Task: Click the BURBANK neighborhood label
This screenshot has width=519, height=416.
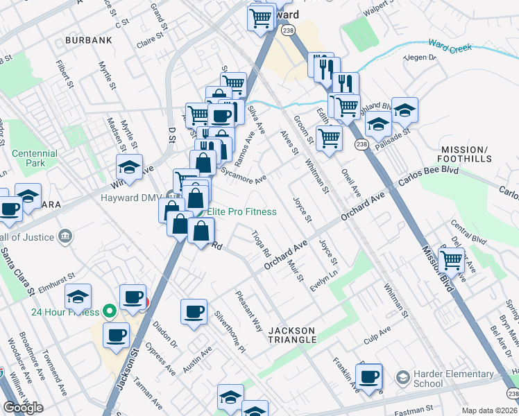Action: pyautogui.click(x=88, y=41)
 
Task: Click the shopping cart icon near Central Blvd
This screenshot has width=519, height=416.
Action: pyautogui.click(x=452, y=261)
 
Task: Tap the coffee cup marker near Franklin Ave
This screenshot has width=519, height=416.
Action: pyautogui.click(x=370, y=377)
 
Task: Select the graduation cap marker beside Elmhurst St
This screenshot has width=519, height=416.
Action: pyautogui.click(x=78, y=297)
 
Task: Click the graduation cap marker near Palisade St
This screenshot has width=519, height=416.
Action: pyautogui.click(x=405, y=110)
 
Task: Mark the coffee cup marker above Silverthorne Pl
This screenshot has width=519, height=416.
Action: pyautogui.click(x=194, y=311)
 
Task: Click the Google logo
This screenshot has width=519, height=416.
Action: pyautogui.click(x=24, y=407)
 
